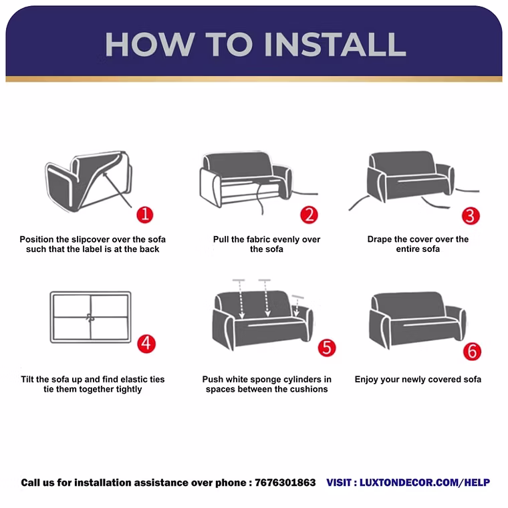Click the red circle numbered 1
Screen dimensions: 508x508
point(145,215)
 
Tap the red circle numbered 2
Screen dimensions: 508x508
point(309,215)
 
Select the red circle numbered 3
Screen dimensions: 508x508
point(471,216)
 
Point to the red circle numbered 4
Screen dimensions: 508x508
point(146,344)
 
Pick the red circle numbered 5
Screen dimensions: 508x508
point(327,348)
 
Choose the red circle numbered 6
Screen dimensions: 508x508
point(472,352)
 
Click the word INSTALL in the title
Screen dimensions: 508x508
point(335,44)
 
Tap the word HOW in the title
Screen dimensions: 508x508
point(150,44)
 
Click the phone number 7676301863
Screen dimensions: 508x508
point(285,483)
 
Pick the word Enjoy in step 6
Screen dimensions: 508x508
point(366,380)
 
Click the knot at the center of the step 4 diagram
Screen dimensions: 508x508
point(90,317)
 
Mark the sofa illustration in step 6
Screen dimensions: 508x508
point(418,320)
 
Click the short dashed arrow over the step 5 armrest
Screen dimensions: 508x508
point(296,307)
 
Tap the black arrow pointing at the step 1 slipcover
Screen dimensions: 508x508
point(117,190)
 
